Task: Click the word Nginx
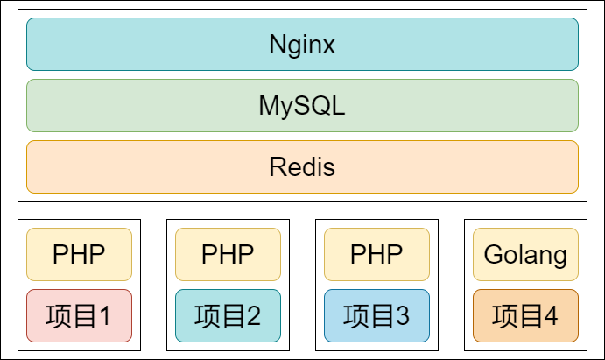[x=302, y=45]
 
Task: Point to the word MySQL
[x=302, y=106]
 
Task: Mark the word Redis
[x=302, y=166]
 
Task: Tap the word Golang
[x=525, y=256]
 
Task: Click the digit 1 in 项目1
[x=103, y=316]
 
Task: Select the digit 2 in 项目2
[x=252, y=316]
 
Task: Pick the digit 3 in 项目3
[x=401, y=316]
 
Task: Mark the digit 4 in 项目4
[x=550, y=316]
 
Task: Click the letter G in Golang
[x=492, y=256]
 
